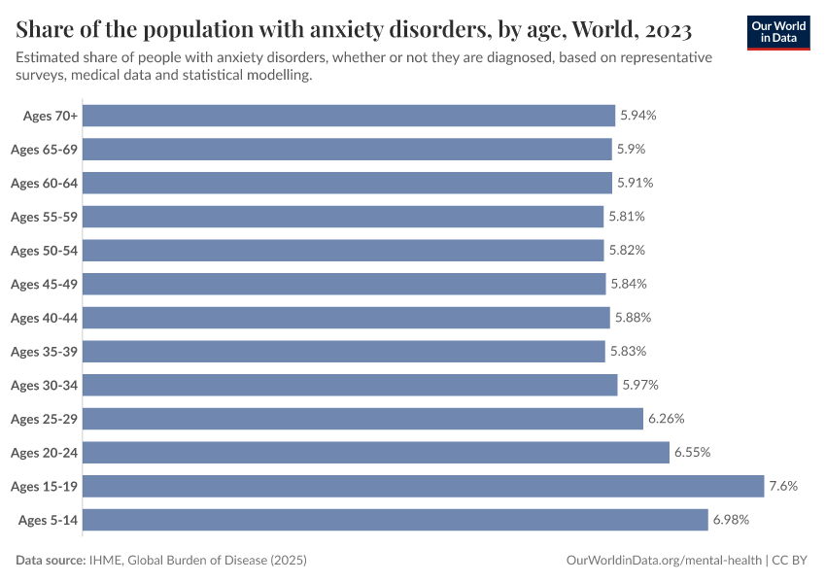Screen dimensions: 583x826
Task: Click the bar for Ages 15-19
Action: click(x=424, y=486)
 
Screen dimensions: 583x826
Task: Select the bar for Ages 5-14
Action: click(x=396, y=520)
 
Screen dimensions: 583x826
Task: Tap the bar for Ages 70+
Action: click(x=349, y=116)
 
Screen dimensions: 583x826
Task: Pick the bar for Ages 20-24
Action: click(x=376, y=453)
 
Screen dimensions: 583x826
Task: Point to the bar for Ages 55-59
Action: click(x=343, y=217)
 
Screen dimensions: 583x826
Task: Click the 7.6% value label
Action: click(x=783, y=486)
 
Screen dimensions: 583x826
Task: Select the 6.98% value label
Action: click(x=731, y=520)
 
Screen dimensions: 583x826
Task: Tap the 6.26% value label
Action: click(x=667, y=419)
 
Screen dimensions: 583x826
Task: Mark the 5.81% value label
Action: click(x=627, y=217)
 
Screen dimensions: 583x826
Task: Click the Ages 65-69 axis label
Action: click(x=44, y=150)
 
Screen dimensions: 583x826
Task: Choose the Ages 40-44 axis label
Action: click(x=44, y=318)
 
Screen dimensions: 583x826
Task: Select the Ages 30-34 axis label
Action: click(x=44, y=385)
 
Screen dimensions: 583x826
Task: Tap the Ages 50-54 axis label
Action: click(x=44, y=251)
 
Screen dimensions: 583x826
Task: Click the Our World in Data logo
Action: click(x=777, y=32)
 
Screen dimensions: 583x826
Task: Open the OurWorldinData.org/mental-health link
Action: click(x=664, y=561)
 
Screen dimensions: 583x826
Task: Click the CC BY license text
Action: click(x=796, y=561)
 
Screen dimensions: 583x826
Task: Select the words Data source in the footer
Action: click(x=51, y=561)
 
